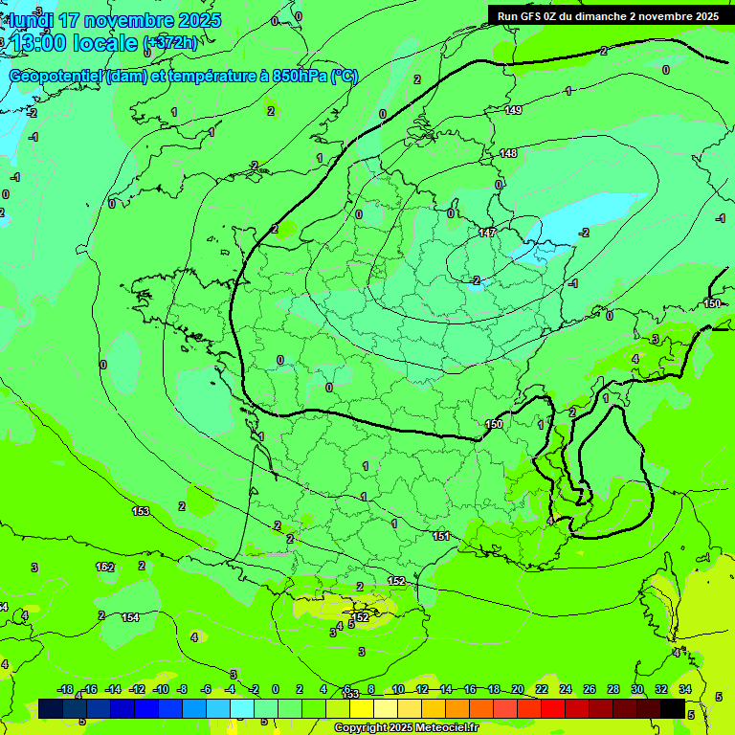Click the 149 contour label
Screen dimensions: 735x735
(513, 111)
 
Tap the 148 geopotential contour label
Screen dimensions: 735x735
(508, 154)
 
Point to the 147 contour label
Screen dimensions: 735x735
(487, 233)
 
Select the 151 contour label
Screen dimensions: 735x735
(441, 536)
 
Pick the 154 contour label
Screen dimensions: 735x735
(130, 617)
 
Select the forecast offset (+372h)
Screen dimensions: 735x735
(170, 43)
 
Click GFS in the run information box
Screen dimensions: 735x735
(532, 16)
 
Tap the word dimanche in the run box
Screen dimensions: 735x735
(597, 16)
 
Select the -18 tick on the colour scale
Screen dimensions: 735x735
(65, 689)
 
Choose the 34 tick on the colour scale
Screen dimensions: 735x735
(685, 689)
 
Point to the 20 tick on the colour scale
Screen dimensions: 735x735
(518, 689)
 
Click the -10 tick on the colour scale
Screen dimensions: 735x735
(161, 689)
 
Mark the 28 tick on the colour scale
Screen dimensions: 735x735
(613, 689)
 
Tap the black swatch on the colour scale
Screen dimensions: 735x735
(673, 708)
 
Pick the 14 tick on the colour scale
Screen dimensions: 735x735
(446, 689)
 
